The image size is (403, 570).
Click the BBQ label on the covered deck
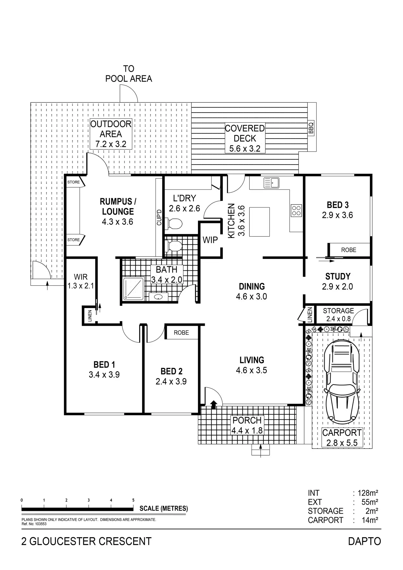311,128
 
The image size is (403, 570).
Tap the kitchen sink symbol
271,183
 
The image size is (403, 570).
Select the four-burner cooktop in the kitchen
297,211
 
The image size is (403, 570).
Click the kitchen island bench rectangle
259,221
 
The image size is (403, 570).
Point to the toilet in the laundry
175,223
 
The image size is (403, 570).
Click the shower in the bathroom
134,289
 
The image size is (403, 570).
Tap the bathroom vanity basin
158,296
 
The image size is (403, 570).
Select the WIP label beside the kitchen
210,240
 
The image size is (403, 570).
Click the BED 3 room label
338,205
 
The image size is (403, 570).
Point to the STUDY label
338,276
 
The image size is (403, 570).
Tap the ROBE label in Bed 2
181,333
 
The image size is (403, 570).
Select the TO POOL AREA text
129,74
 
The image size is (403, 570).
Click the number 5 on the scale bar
133,500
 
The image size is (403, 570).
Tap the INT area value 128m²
368,493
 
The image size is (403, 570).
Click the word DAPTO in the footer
364,541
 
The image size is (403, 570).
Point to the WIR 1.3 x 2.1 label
80,281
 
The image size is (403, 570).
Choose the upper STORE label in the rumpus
73,182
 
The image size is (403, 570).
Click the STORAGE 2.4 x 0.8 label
338,315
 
